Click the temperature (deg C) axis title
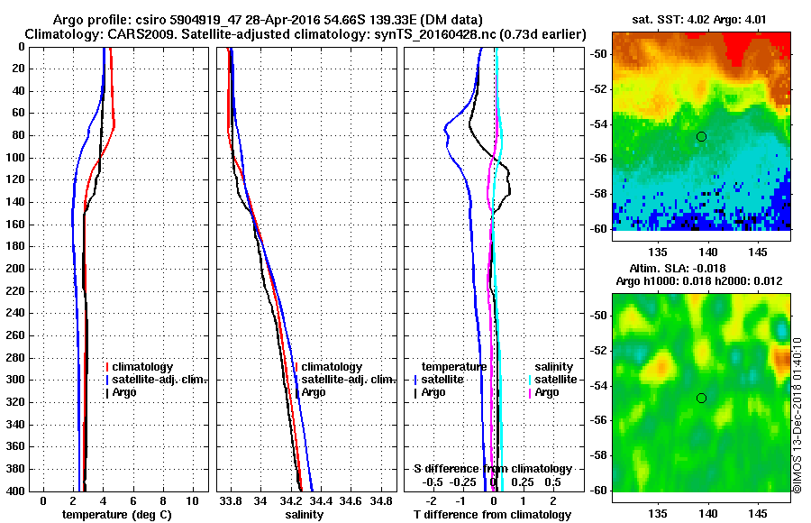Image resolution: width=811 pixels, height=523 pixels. coord(116,515)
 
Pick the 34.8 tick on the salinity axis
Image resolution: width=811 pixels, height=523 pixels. coord(381,500)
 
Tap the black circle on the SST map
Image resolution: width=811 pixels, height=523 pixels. coord(701,136)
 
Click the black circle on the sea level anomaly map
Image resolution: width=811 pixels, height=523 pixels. coord(701,398)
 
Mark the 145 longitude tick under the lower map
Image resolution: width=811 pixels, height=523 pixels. coord(759,512)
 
